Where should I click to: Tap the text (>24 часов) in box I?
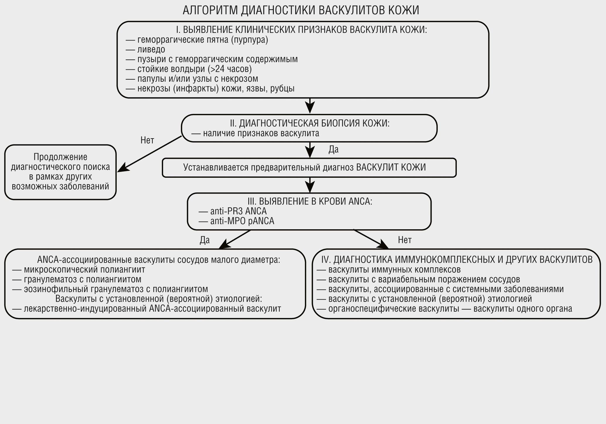[x=230, y=69]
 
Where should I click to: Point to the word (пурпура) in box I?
[x=249, y=40]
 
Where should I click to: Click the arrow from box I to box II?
[x=310, y=106]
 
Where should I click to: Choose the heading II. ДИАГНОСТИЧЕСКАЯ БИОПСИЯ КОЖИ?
[x=310, y=123]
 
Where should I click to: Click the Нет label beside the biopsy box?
[x=147, y=140]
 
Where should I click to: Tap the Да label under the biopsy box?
[x=334, y=149]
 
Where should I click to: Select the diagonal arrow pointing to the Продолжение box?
[x=150, y=154]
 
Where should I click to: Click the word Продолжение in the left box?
[x=60, y=157]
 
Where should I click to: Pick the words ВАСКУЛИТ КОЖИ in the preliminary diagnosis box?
[x=391, y=167]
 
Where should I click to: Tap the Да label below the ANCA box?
[x=205, y=240]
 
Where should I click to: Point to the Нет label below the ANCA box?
[x=405, y=240]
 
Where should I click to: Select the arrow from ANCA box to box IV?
[x=371, y=239]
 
